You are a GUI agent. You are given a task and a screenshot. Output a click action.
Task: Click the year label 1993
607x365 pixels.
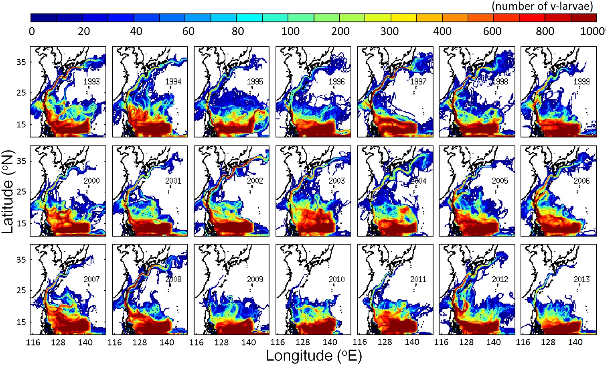pyautogui.click(x=92, y=81)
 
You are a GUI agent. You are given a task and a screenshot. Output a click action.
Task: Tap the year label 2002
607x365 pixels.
pyautogui.click(x=255, y=181)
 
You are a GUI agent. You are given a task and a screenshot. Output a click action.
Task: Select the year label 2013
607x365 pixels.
pyautogui.click(x=582, y=279)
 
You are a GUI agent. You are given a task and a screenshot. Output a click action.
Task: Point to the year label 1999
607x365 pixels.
pyautogui.click(x=582, y=81)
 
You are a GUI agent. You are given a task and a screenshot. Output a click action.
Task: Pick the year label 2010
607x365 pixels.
pyautogui.click(x=337, y=279)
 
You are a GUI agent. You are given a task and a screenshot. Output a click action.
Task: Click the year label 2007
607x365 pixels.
pyautogui.click(x=92, y=279)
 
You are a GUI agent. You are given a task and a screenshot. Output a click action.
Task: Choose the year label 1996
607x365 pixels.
pyautogui.click(x=337, y=81)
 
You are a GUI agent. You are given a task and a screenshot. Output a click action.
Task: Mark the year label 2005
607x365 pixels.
pyautogui.click(x=500, y=181)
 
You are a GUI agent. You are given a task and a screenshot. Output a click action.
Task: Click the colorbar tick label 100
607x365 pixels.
pyautogui.click(x=290, y=31)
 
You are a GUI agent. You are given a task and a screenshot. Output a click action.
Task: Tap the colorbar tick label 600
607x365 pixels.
pyautogui.click(x=492, y=31)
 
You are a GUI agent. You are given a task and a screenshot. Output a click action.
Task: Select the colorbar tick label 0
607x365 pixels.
pyautogui.click(x=32, y=31)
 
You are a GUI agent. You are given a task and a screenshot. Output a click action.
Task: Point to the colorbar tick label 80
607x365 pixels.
pyautogui.click(x=238, y=31)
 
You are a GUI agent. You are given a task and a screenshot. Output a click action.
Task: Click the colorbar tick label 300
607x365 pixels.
pyautogui.click(x=390, y=31)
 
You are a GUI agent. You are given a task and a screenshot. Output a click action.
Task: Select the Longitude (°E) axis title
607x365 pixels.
pyautogui.click(x=314, y=356)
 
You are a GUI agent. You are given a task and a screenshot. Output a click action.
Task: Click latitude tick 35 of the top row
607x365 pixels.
pyautogui.click(x=21, y=62)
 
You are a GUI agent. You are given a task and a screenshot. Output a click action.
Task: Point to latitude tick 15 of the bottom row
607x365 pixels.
pyautogui.click(x=21, y=322)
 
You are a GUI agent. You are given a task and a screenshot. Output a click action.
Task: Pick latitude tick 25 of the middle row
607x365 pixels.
pyautogui.click(x=21, y=192)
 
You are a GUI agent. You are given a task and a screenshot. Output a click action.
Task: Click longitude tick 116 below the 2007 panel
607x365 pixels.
pyautogui.click(x=33, y=343)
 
